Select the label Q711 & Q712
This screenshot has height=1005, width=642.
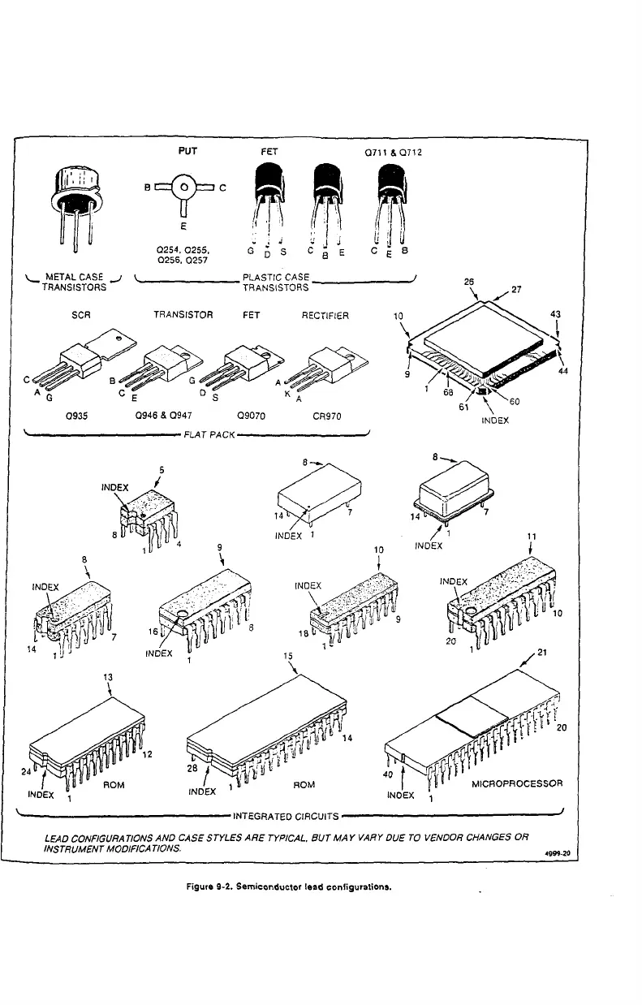(391, 152)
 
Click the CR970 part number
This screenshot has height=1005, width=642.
(327, 416)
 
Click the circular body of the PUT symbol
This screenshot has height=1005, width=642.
(186, 186)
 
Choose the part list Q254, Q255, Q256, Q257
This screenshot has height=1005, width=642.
(186, 254)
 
